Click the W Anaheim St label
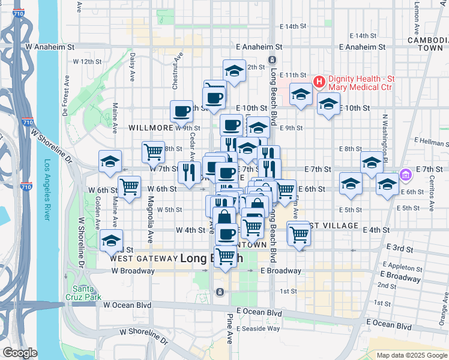[50, 46]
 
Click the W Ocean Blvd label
[127, 305]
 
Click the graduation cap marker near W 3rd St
[111, 240]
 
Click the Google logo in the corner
[20, 353]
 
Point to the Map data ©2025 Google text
[411, 355]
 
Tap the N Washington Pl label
[385, 138]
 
